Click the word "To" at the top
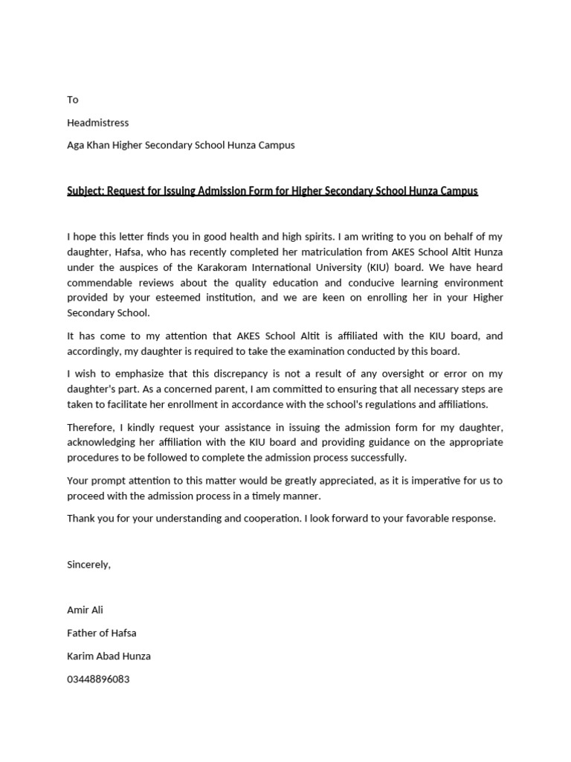(73, 100)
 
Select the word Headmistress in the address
(98, 122)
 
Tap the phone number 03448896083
(98, 679)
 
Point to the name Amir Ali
(86, 610)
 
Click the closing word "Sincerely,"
(88, 564)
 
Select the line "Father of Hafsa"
(102, 633)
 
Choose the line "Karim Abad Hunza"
(109, 656)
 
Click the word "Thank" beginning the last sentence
(81, 518)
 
